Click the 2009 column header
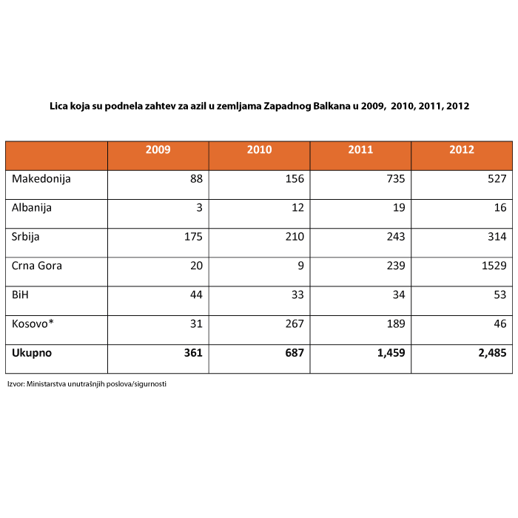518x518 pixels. point(158,149)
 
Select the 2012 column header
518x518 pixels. point(462,149)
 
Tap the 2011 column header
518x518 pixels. point(360,149)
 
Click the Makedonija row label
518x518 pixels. point(41,179)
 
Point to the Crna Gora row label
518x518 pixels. point(37,266)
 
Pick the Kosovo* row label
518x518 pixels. point(33,323)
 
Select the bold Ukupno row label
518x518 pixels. point(32,353)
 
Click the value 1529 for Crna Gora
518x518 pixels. point(494,266)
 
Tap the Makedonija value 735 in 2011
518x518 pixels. point(396,179)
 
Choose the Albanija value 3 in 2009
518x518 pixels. point(199,207)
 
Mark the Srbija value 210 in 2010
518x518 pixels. point(295,237)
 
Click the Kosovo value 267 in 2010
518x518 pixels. point(295,323)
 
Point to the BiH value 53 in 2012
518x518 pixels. point(499,295)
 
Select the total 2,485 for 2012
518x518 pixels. point(492,353)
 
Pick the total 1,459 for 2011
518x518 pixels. point(391,353)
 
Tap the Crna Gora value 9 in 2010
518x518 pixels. point(300,266)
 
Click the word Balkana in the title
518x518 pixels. point(332,106)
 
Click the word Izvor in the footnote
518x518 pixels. point(16,384)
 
